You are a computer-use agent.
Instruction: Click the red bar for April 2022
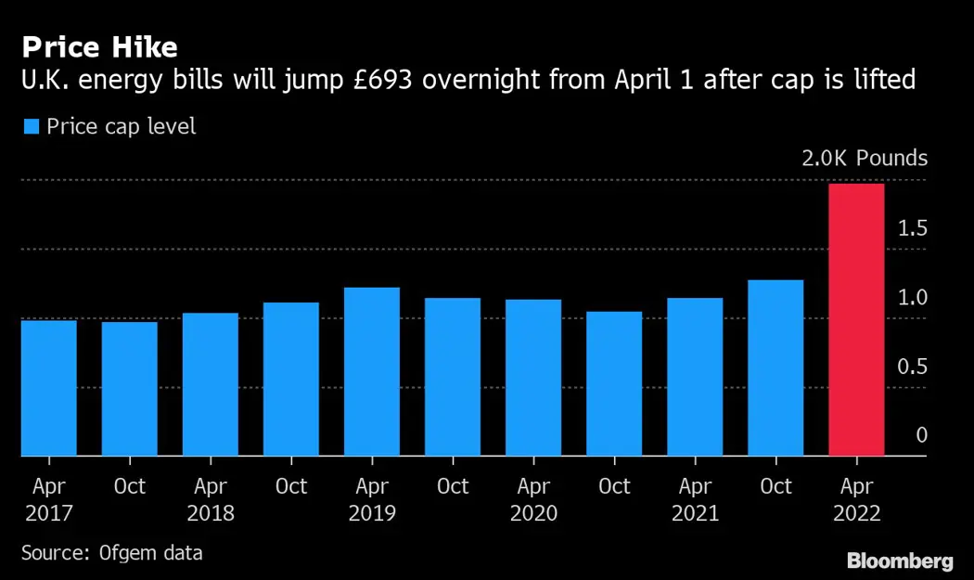point(856,320)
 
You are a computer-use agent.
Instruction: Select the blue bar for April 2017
point(48,388)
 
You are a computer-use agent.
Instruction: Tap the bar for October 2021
point(775,367)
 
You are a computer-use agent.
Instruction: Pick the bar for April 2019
point(371,371)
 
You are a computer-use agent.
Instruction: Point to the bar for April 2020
point(533,378)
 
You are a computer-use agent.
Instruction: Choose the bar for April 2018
point(211,384)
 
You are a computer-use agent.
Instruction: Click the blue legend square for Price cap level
point(31,126)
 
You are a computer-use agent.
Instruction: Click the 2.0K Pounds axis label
point(865,158)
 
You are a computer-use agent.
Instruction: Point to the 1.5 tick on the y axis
point(912,228)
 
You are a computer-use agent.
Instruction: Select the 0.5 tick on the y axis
point(912,367)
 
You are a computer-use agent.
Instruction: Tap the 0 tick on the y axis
point(921,435)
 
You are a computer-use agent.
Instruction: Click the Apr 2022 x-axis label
point(856,499)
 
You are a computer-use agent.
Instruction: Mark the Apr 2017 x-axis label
point(48,499)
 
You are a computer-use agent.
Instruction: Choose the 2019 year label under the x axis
point(372,513)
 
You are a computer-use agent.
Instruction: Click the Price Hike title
point(100,46)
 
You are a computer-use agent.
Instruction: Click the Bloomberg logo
point(900,561)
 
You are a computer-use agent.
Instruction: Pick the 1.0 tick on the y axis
point(912,298)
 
